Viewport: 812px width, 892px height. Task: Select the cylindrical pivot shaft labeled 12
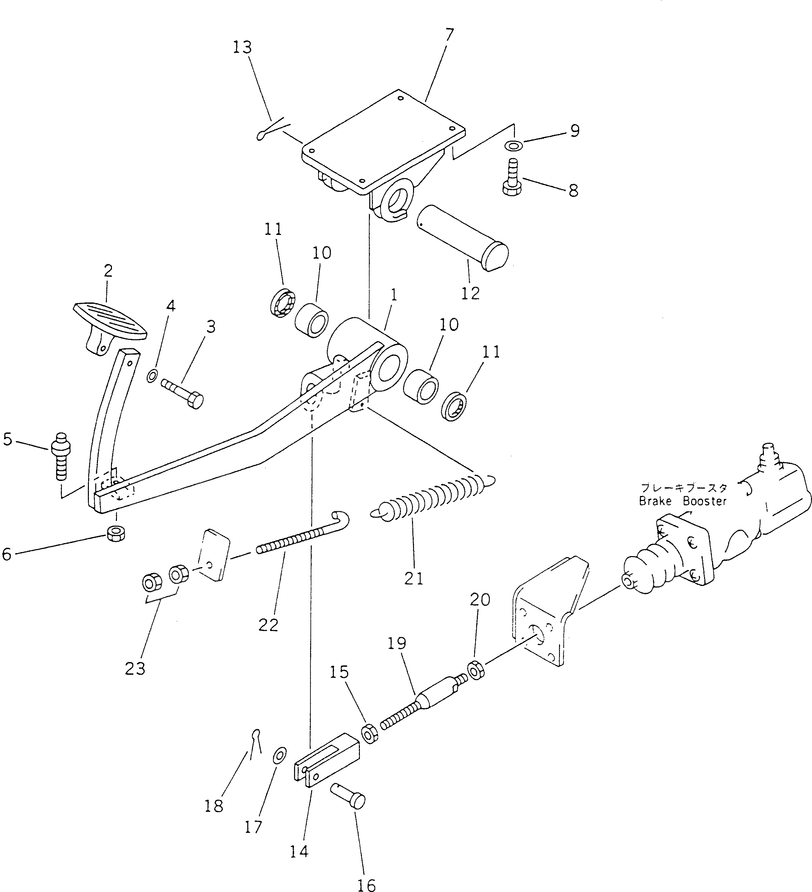pyautogui.click(x=462, y=239)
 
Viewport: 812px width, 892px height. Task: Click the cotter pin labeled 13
pyautogui.click(x=272, y=129)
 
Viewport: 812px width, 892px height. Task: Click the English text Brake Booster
pyautogui.click(x=682, y=501)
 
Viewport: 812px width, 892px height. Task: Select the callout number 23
pyautogui.click(x=135, y=669)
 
